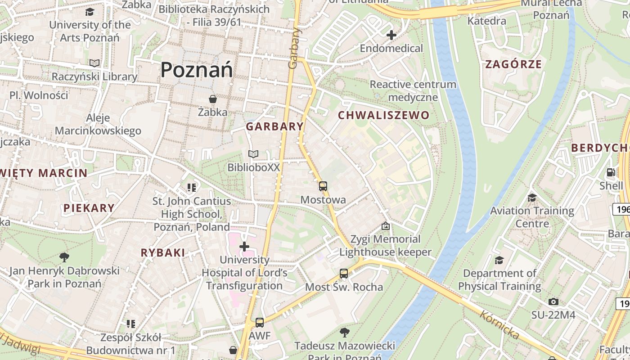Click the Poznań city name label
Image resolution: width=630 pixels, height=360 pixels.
point(197,70)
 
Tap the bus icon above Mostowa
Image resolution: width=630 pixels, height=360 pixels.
point(323,186)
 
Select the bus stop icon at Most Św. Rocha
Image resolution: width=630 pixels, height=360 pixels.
point(344,274)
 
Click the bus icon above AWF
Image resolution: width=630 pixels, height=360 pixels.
point(260,323)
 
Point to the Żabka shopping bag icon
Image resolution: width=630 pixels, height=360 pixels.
point(212,99)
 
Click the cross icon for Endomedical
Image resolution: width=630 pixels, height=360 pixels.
point(391,35)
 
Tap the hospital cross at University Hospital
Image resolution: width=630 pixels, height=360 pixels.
point(244,247)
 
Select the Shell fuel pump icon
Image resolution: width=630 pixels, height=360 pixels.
point(611,172)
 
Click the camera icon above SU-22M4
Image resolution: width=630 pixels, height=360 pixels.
point(553,302)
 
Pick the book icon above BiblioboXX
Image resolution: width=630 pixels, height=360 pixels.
point(253,154)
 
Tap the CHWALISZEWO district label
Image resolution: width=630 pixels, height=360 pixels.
point(384,116)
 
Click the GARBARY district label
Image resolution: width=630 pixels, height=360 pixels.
point(274,126)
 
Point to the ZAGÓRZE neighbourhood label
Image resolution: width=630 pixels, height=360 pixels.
point(513,64)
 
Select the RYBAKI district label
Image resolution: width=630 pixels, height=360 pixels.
point(163,253)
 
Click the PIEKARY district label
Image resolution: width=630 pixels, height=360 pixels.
point(89,208)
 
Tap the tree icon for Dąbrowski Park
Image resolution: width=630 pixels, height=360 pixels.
point(64,257)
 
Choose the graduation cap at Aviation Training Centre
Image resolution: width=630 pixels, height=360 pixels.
point(532,198)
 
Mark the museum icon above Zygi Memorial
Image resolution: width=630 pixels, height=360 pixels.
point(385,226)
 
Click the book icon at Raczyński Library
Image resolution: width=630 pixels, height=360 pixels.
point(94,63)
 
